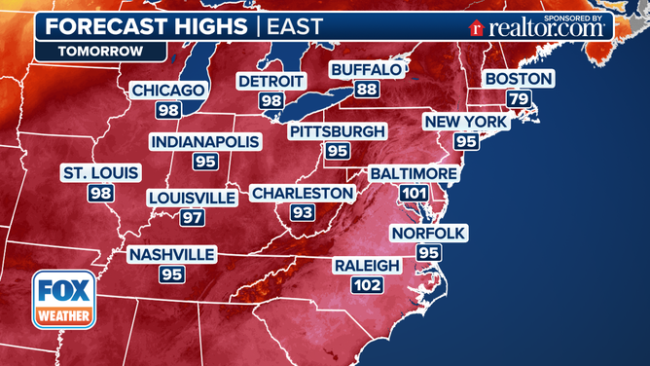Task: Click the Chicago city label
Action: coord(169,91)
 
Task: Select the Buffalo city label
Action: coord(365,70)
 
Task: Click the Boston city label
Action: coord(519,79)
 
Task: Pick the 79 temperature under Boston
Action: coord(519,98)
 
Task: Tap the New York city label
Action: coord(465,122)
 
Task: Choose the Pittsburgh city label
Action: coord(337,130)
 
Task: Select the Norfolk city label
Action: coord(428,233)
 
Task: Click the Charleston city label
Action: coord(302,194)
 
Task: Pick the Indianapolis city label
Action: coord(205,142)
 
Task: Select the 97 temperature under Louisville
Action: coord(192,217)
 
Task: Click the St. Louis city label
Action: coord(100,173)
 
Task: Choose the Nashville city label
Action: coord(171,254)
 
